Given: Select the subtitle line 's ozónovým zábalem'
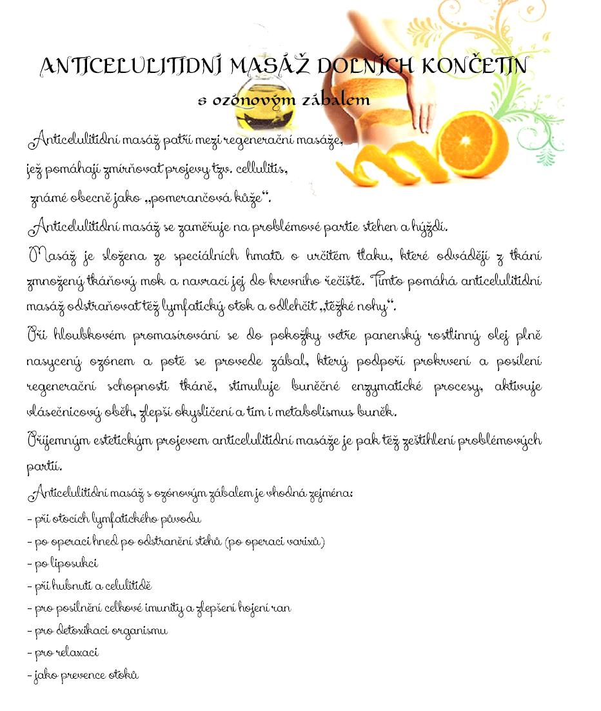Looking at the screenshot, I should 283,100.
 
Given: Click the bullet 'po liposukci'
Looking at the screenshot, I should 63,563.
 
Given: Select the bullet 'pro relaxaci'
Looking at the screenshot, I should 63,652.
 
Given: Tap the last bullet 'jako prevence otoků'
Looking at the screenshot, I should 83,675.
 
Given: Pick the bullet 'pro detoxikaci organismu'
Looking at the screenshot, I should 97,630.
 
